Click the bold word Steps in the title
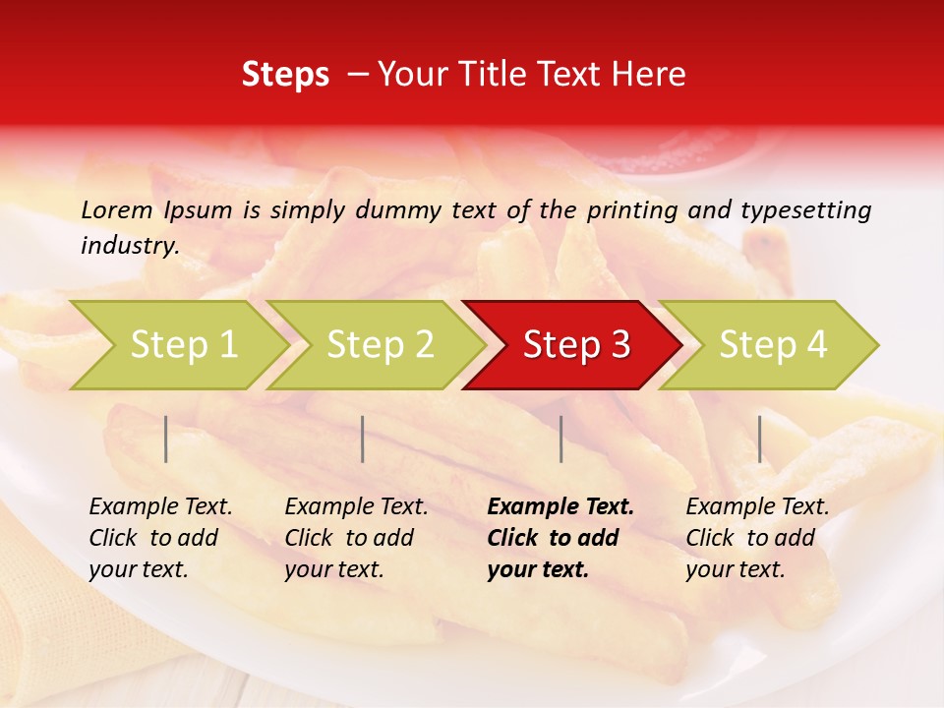point(285,75)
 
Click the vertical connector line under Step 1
point(166,439)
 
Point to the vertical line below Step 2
point(363,439)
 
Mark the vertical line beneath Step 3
point(561,439)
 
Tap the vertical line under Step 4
point(760,439)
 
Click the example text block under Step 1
point(160,538)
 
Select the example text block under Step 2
point(356,538)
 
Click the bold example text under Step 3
point(560,538)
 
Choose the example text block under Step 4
point(757,538)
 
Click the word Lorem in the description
point(117,209)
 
